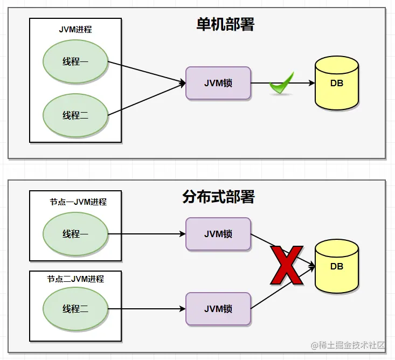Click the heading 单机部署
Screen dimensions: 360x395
coord(225,24)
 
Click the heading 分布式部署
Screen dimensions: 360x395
coord(218,197)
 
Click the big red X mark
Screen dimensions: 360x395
coord(287,265)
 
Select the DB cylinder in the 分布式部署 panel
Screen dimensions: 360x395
coord(337,266)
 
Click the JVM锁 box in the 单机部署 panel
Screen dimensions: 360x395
coord(218,83)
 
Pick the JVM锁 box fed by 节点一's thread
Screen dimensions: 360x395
coord(218,234)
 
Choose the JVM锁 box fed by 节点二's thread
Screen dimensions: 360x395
coord(218,309)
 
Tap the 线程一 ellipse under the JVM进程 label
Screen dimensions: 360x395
coord(75,61)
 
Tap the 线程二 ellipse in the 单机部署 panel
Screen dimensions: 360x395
coord(75,115)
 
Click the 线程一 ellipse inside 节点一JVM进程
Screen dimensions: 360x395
coord(75,234)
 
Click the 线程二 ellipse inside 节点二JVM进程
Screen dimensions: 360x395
coord(75,309)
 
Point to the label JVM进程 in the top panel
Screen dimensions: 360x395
coord(75,30)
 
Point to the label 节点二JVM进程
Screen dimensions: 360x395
coord(75,279)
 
